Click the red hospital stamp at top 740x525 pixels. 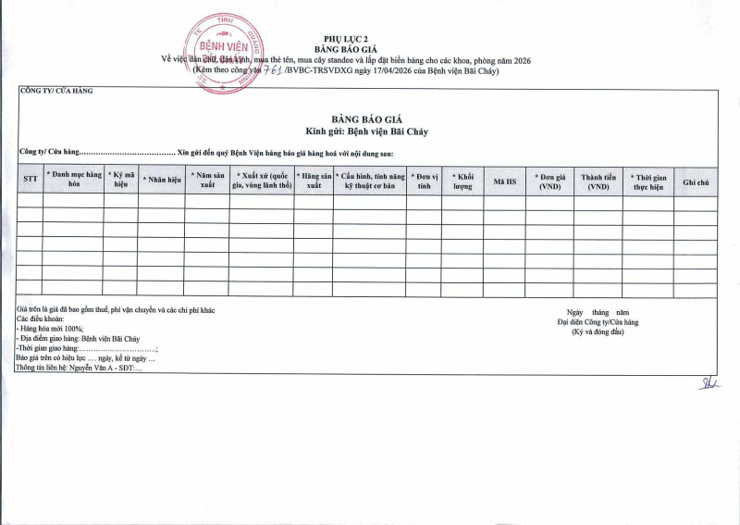227,49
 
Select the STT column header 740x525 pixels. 30,180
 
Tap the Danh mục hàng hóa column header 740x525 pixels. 74,180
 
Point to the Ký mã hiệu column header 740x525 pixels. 120,180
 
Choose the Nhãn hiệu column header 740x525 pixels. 161,180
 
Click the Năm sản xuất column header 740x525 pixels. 206,180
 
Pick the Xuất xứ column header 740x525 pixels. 261,180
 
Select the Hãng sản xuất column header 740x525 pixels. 314,180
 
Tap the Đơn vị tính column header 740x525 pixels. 424,180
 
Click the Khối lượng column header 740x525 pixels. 462,180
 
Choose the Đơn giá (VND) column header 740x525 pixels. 551,180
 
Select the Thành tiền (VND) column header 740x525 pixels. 598,180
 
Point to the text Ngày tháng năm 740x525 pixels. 598,313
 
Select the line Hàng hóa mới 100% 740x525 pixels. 52,329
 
